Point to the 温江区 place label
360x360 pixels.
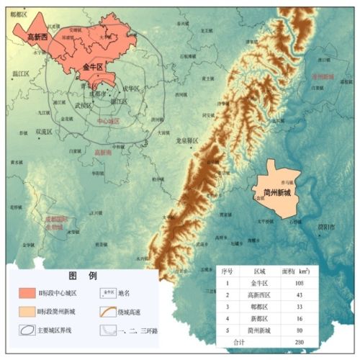coord(19,73)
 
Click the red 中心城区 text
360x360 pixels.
coord(107,122)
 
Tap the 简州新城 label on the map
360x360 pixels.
coord(278,194)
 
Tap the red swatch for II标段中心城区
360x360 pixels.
coord(30,292)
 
